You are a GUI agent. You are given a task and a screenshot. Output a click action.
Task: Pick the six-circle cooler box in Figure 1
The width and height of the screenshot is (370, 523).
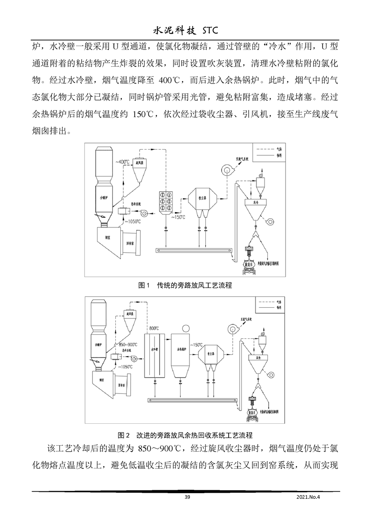tap(166, 201)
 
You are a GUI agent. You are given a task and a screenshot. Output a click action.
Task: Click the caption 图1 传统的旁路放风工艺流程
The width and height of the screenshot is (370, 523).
tap(185, 286)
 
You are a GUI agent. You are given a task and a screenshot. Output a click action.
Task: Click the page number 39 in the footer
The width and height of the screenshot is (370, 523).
tap(187, 497)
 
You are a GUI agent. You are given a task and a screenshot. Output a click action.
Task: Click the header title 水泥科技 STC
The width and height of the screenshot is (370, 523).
tap(185, 31)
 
